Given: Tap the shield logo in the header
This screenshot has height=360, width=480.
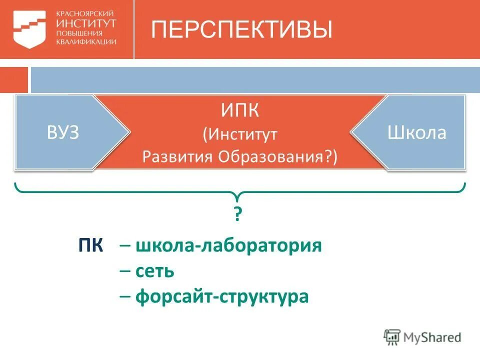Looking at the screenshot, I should point(29,29).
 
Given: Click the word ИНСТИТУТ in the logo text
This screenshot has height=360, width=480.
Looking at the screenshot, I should point(86,23).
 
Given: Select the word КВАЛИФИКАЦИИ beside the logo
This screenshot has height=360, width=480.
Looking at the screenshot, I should point(86,42).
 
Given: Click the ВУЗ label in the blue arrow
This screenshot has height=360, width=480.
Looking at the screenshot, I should point(63,133).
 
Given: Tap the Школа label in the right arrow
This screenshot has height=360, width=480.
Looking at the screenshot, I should point(416,133).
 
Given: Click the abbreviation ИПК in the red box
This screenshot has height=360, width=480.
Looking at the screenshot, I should point(240,110).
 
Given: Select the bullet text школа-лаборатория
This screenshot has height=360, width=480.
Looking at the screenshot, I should point(228,246).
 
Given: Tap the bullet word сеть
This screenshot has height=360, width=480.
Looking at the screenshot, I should point(154,271).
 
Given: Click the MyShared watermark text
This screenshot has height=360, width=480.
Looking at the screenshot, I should point(432,337).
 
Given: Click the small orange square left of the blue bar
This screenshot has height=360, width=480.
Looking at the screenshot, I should point(13,80).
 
